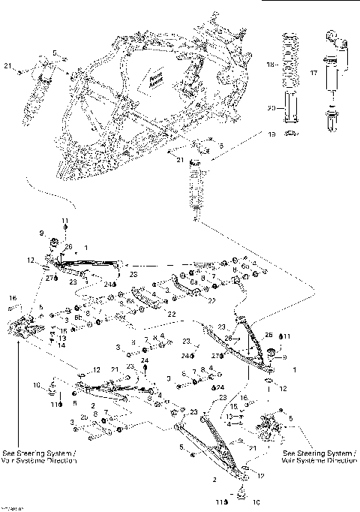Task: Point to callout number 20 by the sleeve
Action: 272,107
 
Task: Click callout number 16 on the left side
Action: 13,299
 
